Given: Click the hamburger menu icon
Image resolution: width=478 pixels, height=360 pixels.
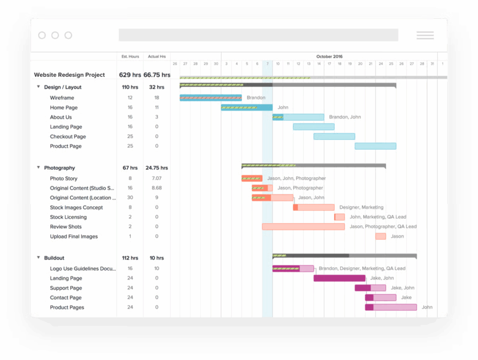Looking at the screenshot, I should click(425, 35).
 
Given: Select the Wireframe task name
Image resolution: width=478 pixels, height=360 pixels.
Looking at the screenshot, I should click(62, 98).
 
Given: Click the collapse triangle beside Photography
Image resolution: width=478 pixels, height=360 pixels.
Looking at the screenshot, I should click(38, 168).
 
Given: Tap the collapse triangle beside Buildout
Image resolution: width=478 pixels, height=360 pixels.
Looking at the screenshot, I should click(38, 258).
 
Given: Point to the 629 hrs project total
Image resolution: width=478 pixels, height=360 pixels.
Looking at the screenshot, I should click(130, 75).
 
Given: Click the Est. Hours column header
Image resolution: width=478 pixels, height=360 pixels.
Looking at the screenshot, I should click(130, 56).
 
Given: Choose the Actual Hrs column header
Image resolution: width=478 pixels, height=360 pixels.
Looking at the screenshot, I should click(157, 56).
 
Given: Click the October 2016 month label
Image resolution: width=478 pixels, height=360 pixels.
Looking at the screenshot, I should click(329, 56).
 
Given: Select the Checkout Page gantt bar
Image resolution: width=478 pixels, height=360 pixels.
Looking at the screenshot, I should click(334, 136).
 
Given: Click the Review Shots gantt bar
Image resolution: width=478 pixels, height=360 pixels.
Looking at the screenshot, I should click(303, 226).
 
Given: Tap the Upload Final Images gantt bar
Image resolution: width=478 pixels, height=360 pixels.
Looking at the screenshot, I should click(380, 236).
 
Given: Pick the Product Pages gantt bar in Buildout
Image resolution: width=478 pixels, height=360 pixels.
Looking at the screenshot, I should click(391, 307).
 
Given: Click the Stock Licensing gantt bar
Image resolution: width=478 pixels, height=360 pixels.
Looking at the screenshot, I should click(340, 217).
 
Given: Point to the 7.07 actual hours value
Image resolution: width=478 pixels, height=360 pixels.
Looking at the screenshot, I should click(157, 178).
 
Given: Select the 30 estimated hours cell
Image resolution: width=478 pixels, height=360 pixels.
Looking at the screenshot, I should click(130, 198).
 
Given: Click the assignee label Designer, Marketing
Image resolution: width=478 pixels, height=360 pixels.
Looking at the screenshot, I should click(361, 207).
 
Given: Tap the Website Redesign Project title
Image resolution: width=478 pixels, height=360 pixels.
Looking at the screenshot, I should click(70, 75).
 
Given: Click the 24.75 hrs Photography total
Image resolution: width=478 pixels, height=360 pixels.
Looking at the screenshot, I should click(157, 168).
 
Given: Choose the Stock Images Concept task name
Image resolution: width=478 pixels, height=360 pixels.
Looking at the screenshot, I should click(77, 207).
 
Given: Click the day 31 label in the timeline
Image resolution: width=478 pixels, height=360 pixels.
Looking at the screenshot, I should click(432, 64).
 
